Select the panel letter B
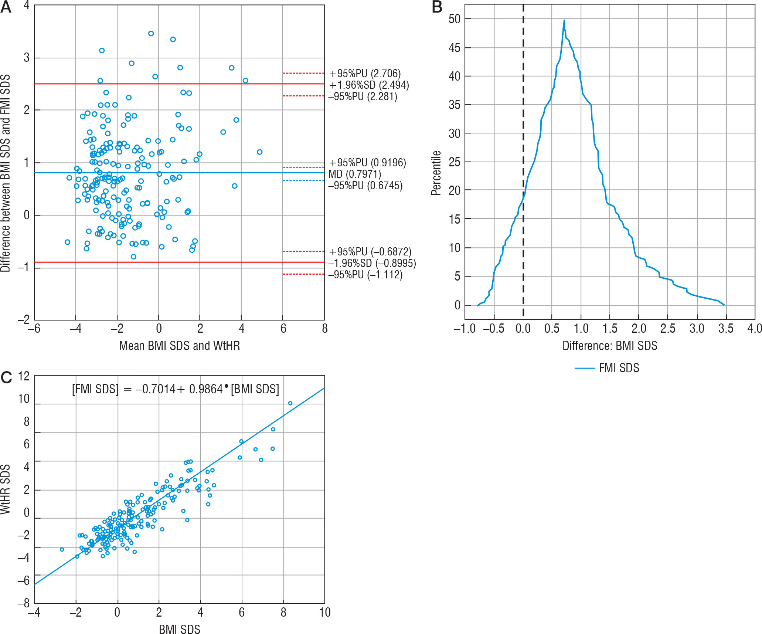click(437, 7)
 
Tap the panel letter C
click(6, 377)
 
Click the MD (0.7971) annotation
click(354, 174)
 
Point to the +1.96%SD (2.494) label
click(369, 85)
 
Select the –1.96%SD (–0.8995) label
click(372, 263)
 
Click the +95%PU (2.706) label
click(365, 74)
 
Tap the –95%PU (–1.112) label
click(365, 275)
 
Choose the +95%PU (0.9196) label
click(367, 163)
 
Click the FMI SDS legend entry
click(619, 368)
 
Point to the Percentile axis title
click(436, 173)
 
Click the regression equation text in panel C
click(176, 389)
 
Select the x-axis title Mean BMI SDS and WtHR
click(179, 346)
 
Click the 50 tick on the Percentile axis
click(455, 19)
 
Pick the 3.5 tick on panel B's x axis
click(726, 329)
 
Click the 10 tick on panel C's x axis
click(324, 613)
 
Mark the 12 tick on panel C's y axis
click(24, 376)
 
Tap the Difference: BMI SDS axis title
click(610, 346)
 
